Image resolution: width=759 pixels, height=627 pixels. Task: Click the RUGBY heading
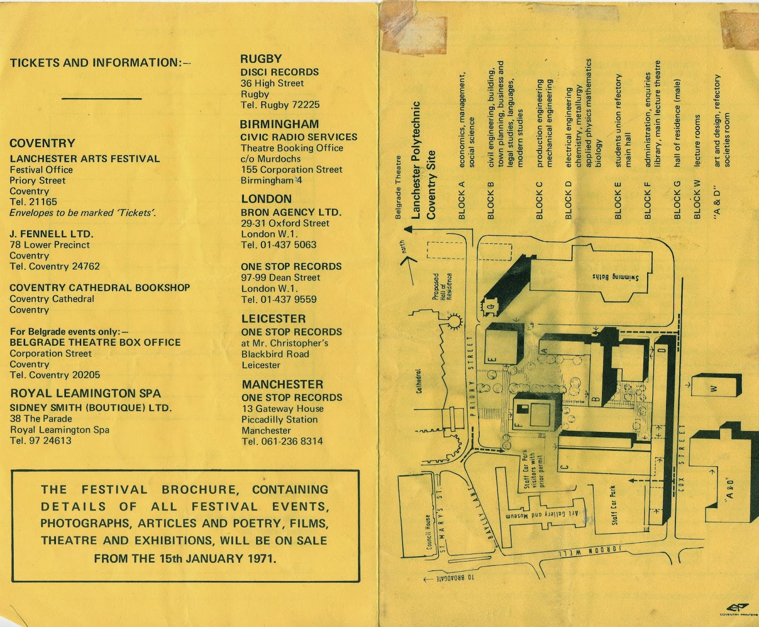click(261, 59)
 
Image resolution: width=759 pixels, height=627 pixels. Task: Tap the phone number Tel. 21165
click(33, 202)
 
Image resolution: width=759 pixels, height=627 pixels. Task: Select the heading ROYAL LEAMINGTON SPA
click(85, 393)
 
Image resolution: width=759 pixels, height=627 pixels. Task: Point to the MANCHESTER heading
click(282, 384)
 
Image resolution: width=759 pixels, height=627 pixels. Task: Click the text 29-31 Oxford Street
click(285, 223)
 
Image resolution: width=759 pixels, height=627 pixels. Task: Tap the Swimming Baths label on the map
click(615, 278)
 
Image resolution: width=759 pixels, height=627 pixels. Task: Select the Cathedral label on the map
click(419, 381)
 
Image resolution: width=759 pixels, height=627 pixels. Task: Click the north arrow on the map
click(408, 258)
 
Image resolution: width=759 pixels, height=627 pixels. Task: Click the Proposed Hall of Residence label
click(442, 286)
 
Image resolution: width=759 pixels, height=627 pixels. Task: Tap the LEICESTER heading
click(273, 319)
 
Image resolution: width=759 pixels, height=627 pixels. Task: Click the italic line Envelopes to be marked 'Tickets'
click(83, 213)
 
